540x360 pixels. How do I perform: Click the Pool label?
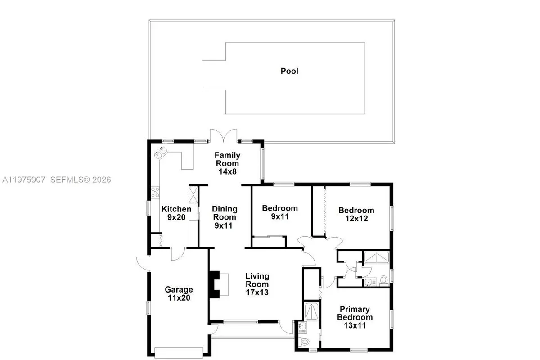(289, 71)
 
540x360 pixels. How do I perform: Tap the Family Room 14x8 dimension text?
(227, 171)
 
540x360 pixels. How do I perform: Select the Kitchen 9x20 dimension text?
(176, 217)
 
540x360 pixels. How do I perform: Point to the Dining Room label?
(225, 213)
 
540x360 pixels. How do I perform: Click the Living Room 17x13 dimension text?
(257, 292)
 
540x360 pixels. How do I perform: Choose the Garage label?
(179, 289)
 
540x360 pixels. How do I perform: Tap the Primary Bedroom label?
(355, 313)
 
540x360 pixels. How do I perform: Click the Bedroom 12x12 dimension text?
(356, 219)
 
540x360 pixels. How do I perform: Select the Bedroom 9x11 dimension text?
(280, 216)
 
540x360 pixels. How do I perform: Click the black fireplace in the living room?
(214, 284)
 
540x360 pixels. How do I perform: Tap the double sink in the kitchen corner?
(161, 152)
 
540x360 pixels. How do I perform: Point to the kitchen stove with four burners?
(155, 192)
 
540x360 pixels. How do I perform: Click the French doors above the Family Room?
(224, 135)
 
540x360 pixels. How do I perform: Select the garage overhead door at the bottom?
(179, 352)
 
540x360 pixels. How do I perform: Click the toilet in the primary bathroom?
(304, 342)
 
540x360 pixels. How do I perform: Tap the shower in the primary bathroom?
(311, 311)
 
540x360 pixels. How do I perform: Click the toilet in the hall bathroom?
(384, 281)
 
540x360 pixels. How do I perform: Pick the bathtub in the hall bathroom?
(376, 257)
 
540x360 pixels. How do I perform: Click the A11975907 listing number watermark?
(23, 180)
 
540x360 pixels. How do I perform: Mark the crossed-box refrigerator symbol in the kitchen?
(193, 194)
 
